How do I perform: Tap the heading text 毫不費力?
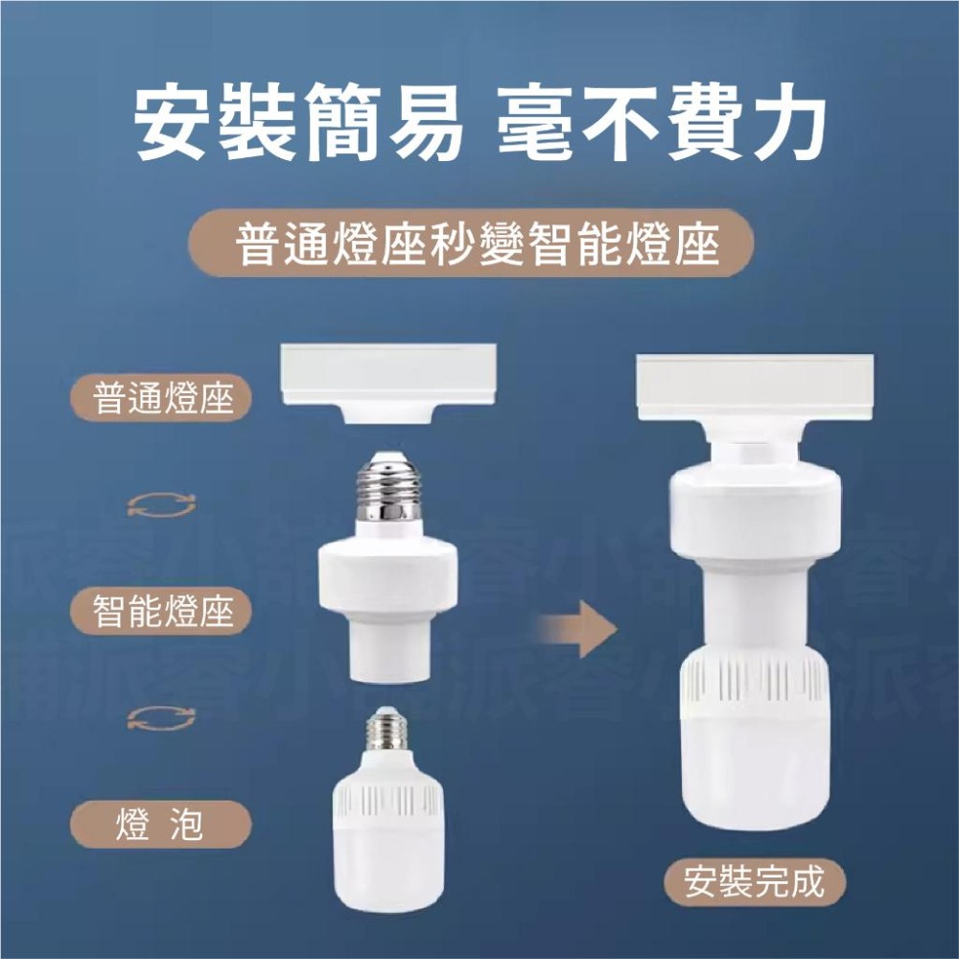662,126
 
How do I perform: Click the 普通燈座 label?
164,398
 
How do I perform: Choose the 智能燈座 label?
164,610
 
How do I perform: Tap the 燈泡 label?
160,823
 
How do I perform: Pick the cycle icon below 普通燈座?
161,505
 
